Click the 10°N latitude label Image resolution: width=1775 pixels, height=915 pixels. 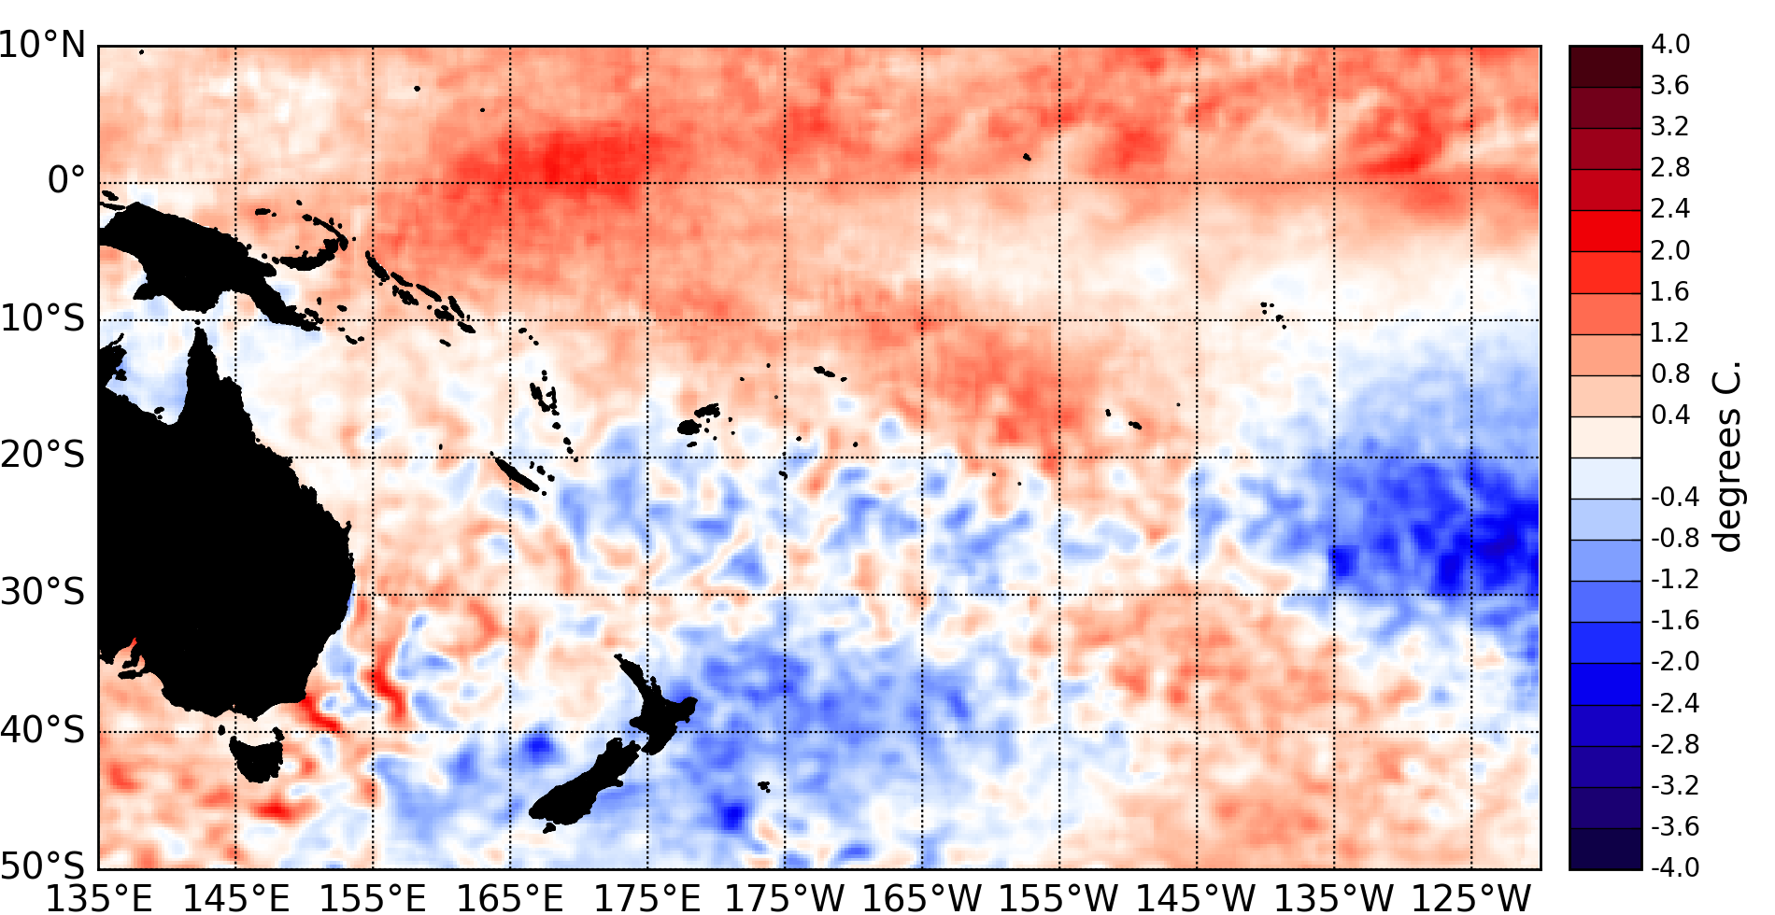[43, 45]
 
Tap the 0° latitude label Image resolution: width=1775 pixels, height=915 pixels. [65, 180]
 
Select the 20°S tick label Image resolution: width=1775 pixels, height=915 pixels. [43, 456]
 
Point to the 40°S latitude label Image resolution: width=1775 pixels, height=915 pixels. [43, 729]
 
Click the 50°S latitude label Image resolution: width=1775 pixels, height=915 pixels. [43, 866]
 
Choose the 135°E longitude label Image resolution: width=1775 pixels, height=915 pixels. [99, 898]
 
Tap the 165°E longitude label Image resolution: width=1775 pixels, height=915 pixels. [511, 898]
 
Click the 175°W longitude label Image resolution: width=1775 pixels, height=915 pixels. [785, 898]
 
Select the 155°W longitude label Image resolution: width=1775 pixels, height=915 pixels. [1059, 898]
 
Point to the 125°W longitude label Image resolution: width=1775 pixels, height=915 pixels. [1471, 898]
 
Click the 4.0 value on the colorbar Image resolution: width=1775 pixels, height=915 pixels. [1670, 45]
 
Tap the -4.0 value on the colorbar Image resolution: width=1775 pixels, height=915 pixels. [1674, 867]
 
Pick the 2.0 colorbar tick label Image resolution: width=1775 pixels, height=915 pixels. [1670, 250]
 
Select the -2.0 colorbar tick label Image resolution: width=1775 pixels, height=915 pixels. [1674, 662]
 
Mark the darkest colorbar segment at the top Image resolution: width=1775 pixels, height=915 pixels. [1605, 66]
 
